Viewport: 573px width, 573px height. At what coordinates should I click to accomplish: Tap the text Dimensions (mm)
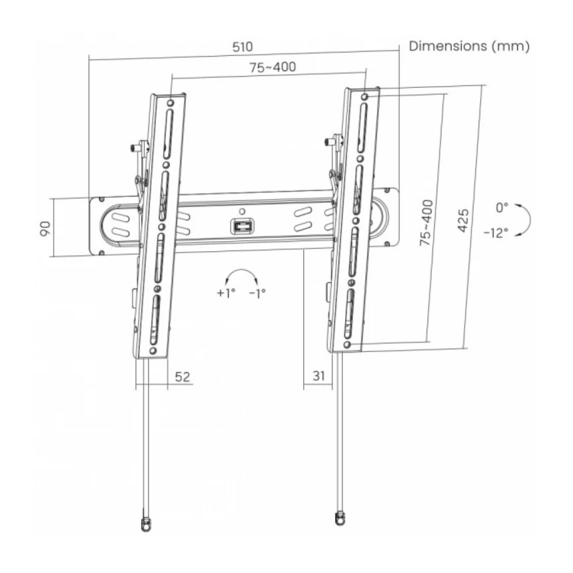[469, 46]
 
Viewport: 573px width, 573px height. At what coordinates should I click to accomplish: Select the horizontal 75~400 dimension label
[273, 67]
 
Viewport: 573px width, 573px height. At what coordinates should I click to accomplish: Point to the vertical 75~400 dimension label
[426, 223]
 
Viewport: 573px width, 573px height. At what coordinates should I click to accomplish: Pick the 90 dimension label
[45, 229]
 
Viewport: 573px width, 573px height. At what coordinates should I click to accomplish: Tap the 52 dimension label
[183, 376]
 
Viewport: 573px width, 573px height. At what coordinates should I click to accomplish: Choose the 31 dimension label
[318, 376]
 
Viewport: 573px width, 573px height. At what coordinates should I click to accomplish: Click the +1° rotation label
[226, 292]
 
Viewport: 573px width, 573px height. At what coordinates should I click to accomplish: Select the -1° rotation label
[257, 292]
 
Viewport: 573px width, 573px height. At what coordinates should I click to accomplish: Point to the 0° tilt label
[502, 207]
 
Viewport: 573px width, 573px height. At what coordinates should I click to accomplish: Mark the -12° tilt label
[496, 233]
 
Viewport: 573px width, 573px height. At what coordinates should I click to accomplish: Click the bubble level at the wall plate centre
[241, 226]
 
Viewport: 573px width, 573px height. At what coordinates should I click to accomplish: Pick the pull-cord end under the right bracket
[340, 517]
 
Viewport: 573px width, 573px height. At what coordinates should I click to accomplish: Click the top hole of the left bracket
[171, 103]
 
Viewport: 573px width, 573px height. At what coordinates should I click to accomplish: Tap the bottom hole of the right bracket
[348, 344]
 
